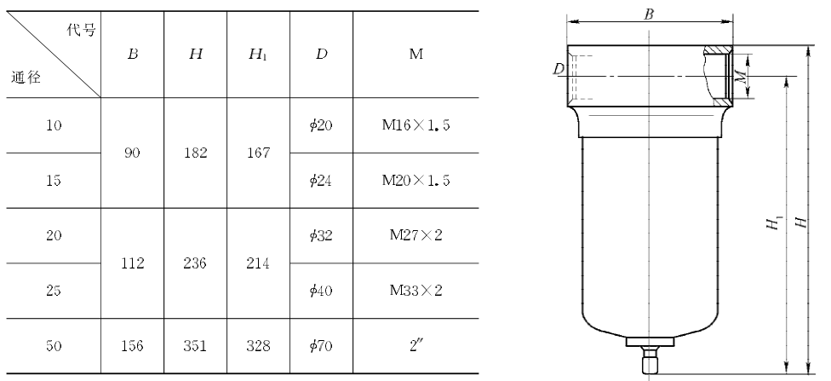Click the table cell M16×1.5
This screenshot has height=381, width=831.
(x=416, y=126)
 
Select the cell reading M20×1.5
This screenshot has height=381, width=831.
(x=416, y=181)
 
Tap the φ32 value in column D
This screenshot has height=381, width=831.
(x=321, y=235)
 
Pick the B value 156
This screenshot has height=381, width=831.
(x=132, y=346)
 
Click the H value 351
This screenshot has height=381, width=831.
(x=195, y=346)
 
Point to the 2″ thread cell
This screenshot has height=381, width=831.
(x=416, y=345)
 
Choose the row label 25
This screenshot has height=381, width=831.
(x=54, y=291)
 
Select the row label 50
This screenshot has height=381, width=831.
(x=54, y=346)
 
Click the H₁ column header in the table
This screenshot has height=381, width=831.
(x=258, y=55)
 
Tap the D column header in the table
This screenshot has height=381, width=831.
(x=321, y=55)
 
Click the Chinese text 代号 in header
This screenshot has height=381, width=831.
(x=81, y=30)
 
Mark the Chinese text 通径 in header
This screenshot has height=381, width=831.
(x=26, y=78)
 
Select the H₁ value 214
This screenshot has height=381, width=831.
(x=258, y=263)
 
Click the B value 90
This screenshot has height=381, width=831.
(x=132, y=153)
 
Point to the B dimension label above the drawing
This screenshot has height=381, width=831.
(x=649, y=14)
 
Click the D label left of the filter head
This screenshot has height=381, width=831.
(x=558, y=69)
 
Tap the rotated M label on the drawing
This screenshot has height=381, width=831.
(x=745, y=77)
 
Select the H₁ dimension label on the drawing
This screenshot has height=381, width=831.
(x=774, y=223)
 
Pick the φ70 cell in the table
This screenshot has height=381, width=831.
(x=321, y=346)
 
